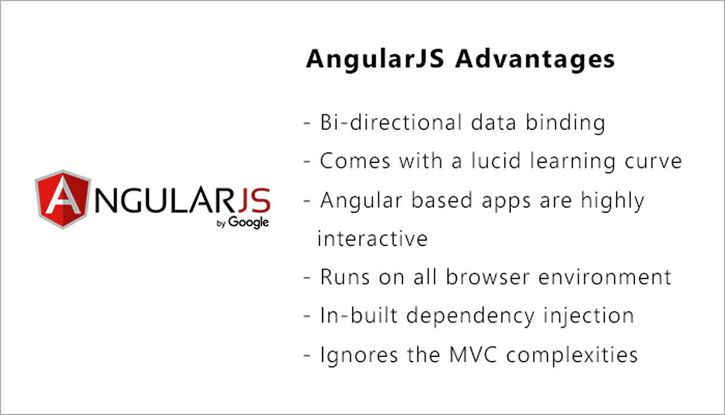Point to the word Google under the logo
[249, 222]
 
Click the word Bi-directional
[391, 123]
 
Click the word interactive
[372, 238]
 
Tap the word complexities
[573, 355]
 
